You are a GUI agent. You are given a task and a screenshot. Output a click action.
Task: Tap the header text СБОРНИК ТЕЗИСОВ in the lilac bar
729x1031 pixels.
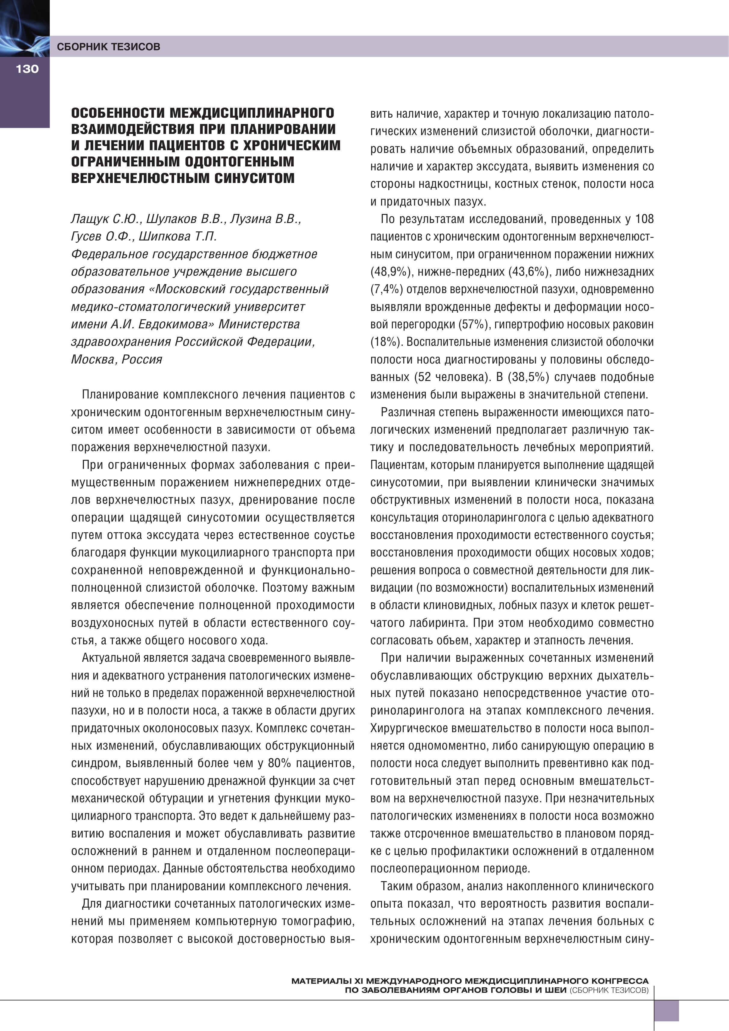(108, 46)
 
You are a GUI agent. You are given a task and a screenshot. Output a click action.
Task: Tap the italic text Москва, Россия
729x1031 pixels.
(116, 359)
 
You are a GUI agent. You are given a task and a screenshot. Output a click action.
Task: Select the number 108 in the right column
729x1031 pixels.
(644, 219)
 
